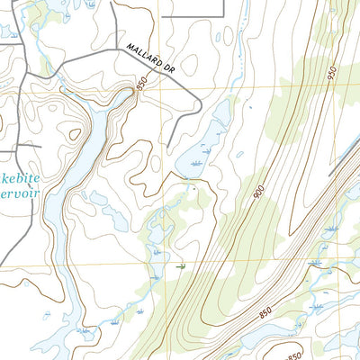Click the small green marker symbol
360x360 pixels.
point(182,266)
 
